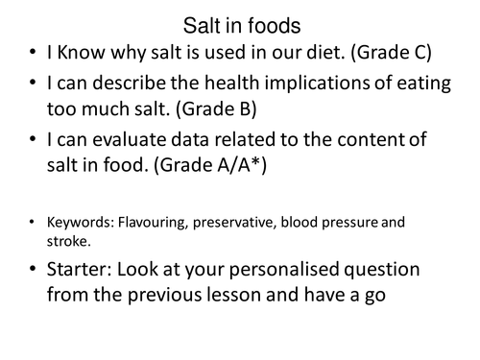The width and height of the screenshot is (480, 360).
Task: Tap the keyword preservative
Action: coord(245,223)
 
